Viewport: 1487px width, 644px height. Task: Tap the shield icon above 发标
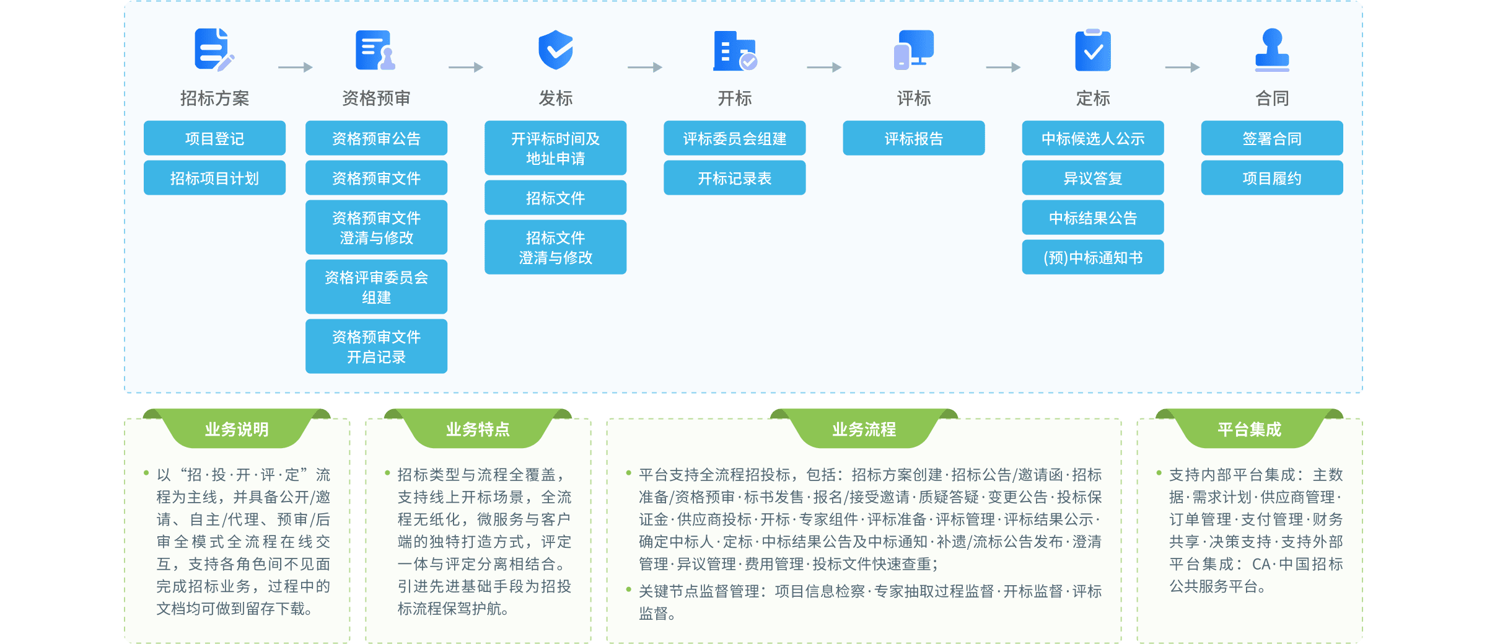pyautogui.click(x=555, y=50)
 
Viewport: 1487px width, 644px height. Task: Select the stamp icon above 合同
pyautogui.click(x=1272, y=50)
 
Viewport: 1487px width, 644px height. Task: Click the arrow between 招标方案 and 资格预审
pyautogui.click(x=295, y=67)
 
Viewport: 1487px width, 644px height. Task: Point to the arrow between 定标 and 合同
pyautogui.click(x=1182, y=67)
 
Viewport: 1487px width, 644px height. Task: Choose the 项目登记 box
pyautogui.click(x=214, y=139)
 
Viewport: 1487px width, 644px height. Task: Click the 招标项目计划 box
pyautogui.click(x=214, y=179)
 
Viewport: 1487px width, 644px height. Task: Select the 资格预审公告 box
pyautogui.click(x=376, y=139)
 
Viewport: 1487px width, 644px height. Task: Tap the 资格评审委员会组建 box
pyautogui.click(x=376, y=288)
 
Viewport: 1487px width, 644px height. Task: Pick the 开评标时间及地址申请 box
pyautogui.click(x=555, y=149)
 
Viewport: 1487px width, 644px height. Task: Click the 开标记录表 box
pyautogui.click(x=734, y=179)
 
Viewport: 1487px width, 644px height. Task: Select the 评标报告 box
pyautogui.click(x=913, y=139)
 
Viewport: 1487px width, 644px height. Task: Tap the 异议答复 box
pyautogui.click(x=1093, y=179)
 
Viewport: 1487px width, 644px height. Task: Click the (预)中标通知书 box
pyautogui.click(x=1093, y=258)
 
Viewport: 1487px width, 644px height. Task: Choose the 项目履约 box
pyautogui.click(x=1272, y=179)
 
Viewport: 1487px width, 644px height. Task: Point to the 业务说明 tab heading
pyautogui.click(x=237, y=429)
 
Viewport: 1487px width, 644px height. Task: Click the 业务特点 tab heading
pyautogui.click(x=478, y=429)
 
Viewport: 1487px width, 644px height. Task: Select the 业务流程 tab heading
pyautogui.click(x=864, y=429)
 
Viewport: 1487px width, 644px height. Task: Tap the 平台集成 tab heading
pyautogui.click(x=1249, y=429)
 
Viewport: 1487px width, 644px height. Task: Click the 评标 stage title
pyautogui.click(x=913, y=98)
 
